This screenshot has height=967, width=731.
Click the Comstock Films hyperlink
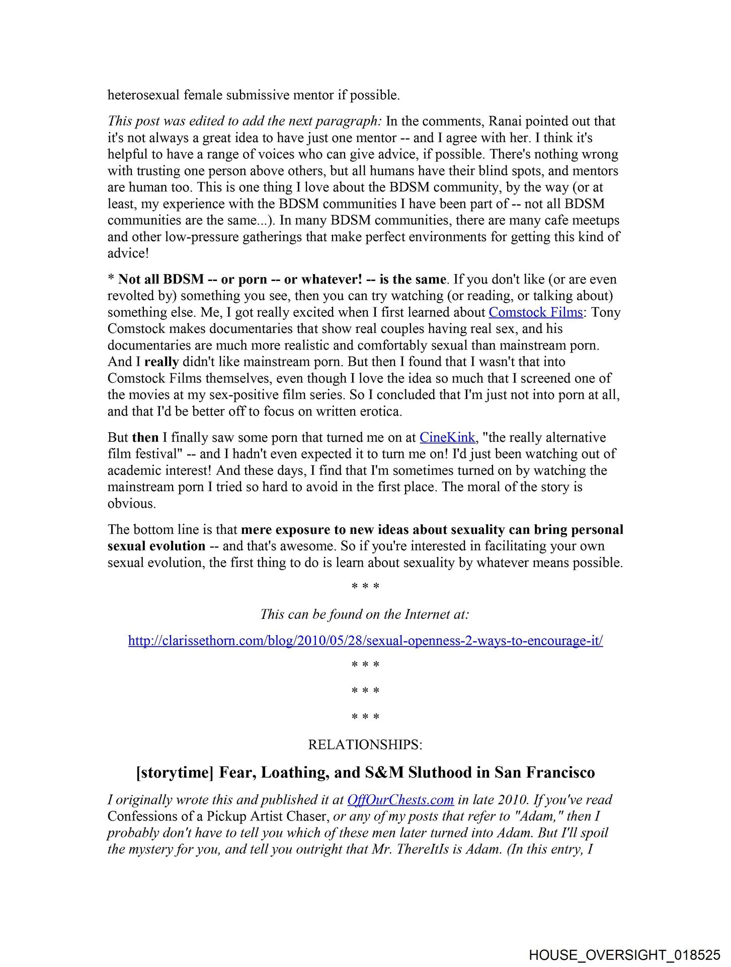coord(535,312)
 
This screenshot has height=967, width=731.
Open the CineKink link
coord(447,437)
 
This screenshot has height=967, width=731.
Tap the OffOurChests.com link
coord(400,800)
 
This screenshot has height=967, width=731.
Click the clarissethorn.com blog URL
coord(365,641)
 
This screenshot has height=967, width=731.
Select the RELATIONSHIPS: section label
coord(365,744)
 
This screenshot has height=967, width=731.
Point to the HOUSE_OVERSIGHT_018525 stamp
coord(625,955)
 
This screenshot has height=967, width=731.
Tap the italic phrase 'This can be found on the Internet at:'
coord(365,614)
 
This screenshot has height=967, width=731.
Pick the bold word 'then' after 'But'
coord(145,437)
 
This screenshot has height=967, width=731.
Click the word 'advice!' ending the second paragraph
coord(128,253)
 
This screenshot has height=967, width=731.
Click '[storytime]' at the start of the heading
coord(175,773)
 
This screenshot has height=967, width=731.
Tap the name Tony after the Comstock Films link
coord(606,312)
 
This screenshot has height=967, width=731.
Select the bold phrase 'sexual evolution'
coord(156,546)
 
